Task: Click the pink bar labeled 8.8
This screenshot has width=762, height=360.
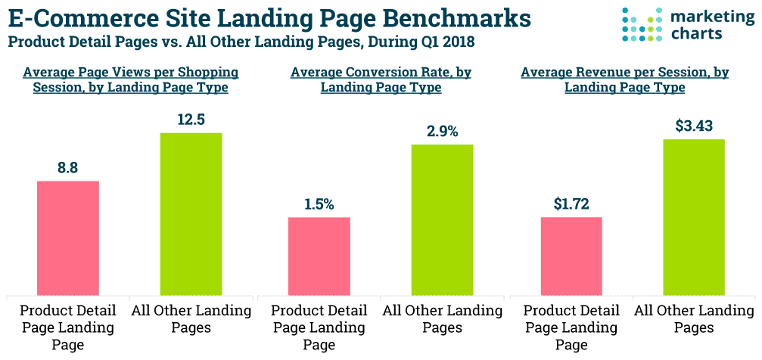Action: pyautogui.click(x=68, y=237)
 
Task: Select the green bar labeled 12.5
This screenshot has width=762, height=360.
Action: pyautogui.click(x=191, y=213)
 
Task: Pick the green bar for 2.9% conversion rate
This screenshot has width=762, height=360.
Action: pyautogui.click(x=442, y=219)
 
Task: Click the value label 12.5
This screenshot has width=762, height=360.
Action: pyautogui.click(x=191, y=119)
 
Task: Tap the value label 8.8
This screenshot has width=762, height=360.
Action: pyautogui.click(x=68, y=168)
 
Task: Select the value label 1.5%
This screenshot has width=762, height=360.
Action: pyautogui.click(x=319, y=204)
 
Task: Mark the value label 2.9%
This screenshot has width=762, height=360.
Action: pyautogui.click(x=443, y=131)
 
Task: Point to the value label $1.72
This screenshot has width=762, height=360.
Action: pyautogui.click(x=571, y=203)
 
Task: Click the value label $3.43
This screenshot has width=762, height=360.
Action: pyautogui.click(x=694, y=126)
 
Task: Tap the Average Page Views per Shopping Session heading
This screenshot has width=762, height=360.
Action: pyautogui.click(x=131, y=79)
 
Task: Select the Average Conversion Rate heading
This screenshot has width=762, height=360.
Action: pyautogui.click(x=381, y=79)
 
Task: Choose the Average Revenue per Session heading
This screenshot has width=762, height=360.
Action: pyautogui.click(x=625, y=79)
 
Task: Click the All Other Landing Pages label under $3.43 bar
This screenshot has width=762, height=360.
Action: pyautogui.click(x=694, y=318)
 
